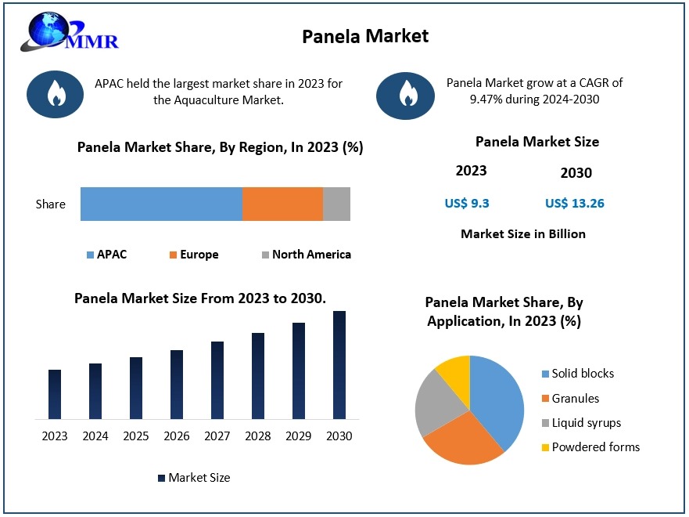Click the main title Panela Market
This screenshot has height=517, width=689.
(365, 36)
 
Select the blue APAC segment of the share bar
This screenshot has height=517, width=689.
(161, 204)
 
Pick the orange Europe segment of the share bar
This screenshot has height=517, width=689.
(282, 204)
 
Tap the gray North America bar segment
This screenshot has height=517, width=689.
(336, 204)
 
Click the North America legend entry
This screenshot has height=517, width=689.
(306, 255)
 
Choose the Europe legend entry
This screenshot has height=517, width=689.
(193, 255)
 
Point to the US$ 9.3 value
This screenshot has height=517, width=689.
(467, 204)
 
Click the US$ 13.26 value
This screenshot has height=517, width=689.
(575, 204)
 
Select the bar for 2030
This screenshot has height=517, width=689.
(339, 365)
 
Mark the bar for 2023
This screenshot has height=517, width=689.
(55, 394)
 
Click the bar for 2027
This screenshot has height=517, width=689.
(217, 380)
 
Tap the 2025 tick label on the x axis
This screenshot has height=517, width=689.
(136, 436)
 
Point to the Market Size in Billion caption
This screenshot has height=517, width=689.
(523, 233)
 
